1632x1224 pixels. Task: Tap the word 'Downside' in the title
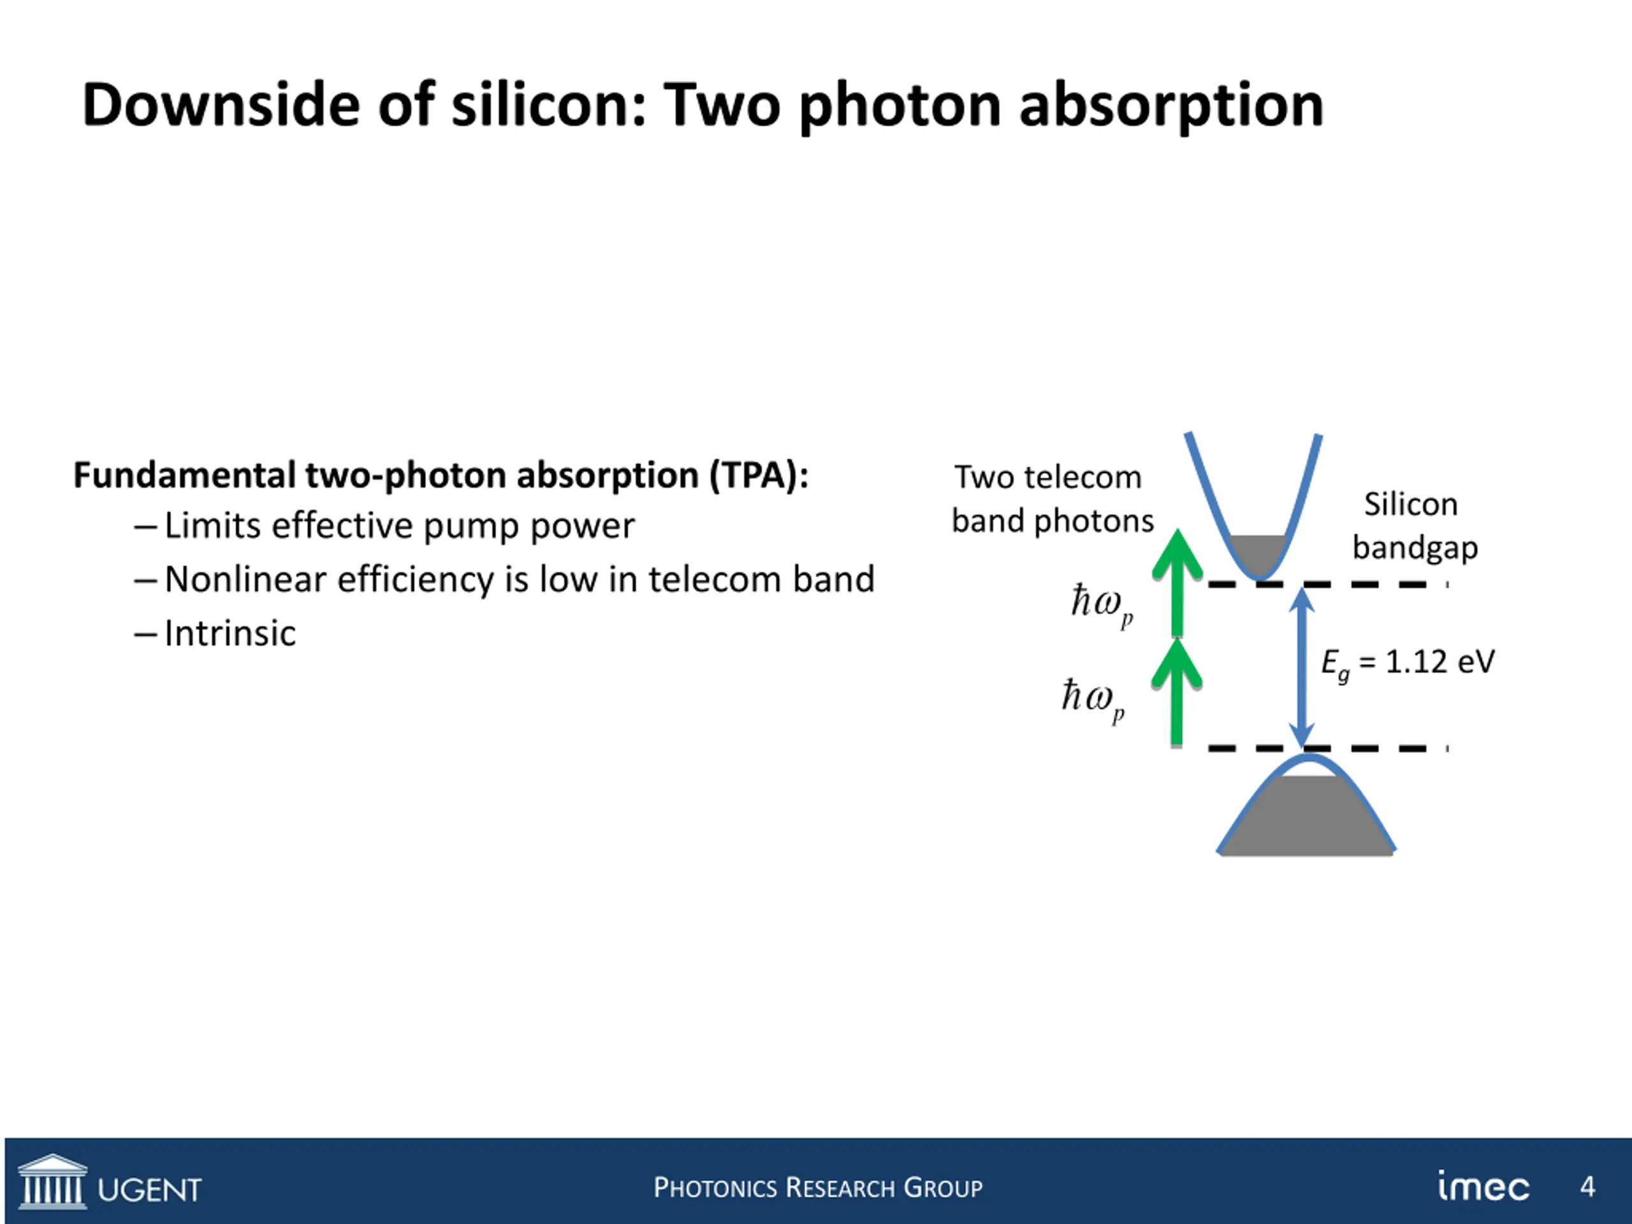pyautogui.click(x=221, y=105)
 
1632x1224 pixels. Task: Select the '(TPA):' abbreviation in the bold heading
pyautogui.click(x=759, y=476)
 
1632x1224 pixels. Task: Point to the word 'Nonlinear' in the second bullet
pyautogui.click(x=244, y=580)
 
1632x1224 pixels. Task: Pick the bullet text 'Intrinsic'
pyautogui.click(x=229, y=633)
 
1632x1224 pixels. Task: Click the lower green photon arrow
pyautogui.click(x=1177, y=694)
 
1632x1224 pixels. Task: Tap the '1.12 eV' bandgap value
pyautogui.click(x=1439, y=662)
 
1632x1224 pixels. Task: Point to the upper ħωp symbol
pyautogui.click(x=1102, y=604)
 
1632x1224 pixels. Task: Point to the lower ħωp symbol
pyautogui.click(x=1093, y=699)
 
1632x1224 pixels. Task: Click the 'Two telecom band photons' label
pyautogui.click(x=1051, y=499)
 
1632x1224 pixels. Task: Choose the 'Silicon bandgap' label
pyautogui.click(x=1413, y=526)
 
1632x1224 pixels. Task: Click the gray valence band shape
pyautogui.click(x=1306, y=819)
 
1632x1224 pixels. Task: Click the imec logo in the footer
pyautogui.click(x=1483, y=1186)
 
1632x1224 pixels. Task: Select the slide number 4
pyautogui.click(x=1588, y=1186)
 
